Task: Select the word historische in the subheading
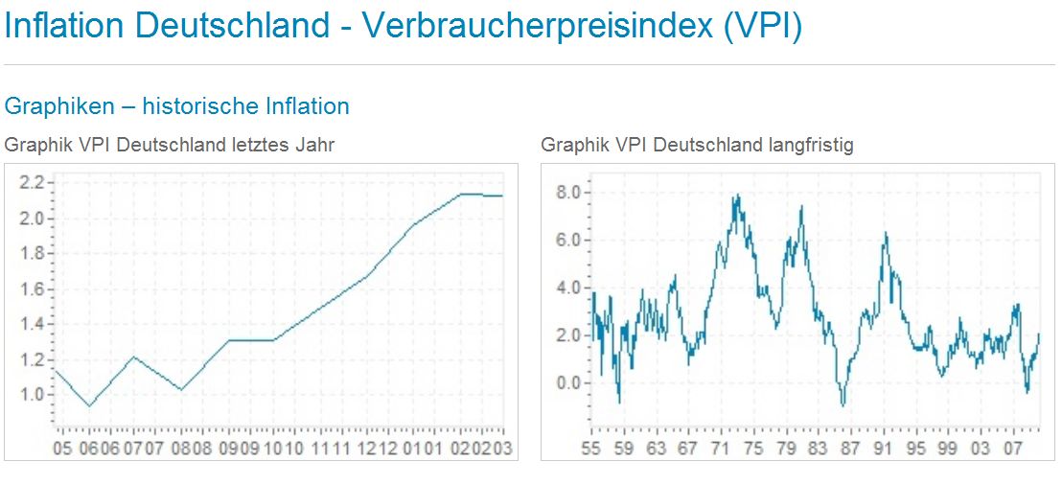point(202,105)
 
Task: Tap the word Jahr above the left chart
point(314,145)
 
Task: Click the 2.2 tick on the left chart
point(33,183)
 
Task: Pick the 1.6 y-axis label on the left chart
point(33,288)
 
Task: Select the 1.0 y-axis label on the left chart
point(33,394)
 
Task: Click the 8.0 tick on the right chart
point(568,192)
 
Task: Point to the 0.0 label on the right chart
point(568,382)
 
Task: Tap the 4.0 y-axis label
point(568,288)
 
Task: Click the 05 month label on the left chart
point(63,448)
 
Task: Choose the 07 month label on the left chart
point(132,448)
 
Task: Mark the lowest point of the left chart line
point(89,406)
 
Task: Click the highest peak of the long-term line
point(738,196)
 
